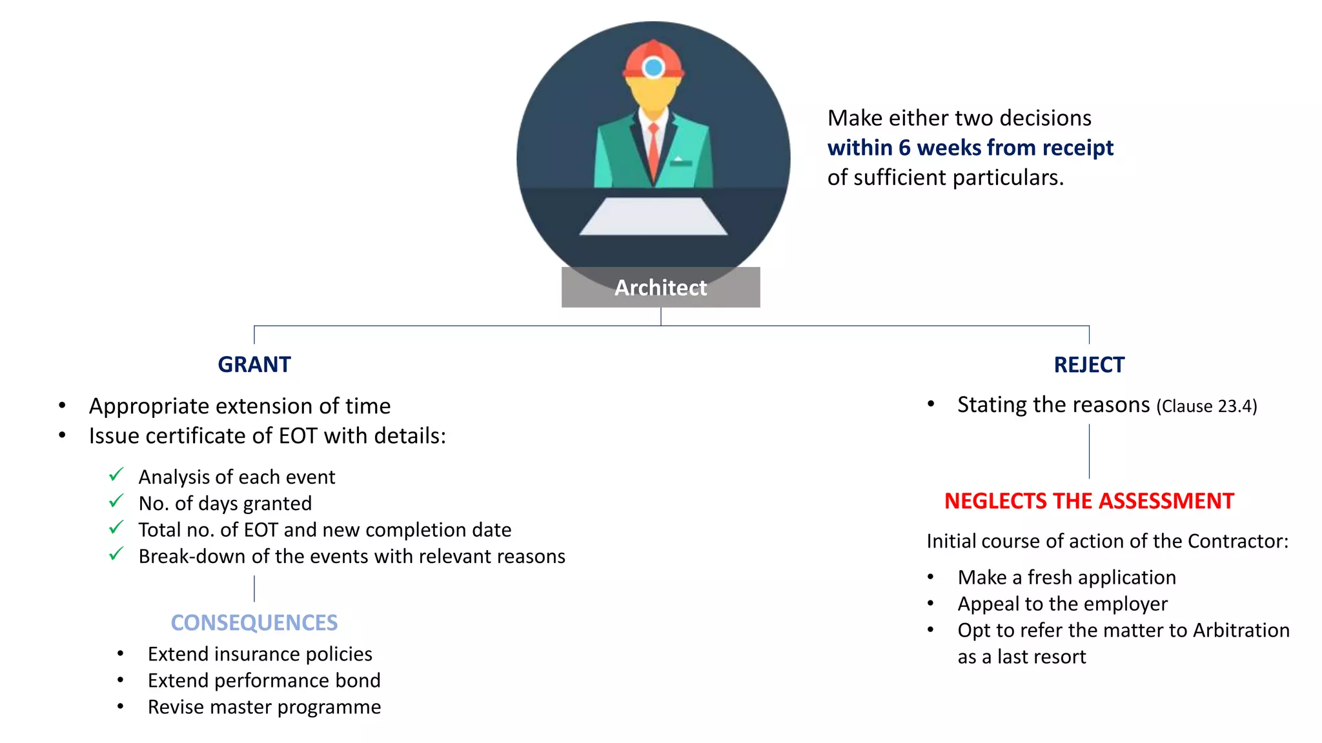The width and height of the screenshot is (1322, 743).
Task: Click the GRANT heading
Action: pos(254,364)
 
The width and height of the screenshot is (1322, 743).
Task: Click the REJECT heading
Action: pos(1089,364)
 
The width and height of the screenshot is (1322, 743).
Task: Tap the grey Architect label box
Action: pos(660,288)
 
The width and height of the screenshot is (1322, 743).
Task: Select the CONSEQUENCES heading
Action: pos(254,622)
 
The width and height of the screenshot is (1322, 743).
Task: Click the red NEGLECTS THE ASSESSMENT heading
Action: pos(1089,501)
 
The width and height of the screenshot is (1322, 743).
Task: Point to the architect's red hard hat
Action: pos(653,58)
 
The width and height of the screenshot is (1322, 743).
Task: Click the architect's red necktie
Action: pos(654,152)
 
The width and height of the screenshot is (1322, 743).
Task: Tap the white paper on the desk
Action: pos(653,217)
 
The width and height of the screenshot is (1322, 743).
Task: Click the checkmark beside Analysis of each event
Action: pos(116,475)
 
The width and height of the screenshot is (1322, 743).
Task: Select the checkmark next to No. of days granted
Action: pos(116,501)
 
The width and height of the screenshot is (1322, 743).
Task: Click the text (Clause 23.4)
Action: pos(1206,406)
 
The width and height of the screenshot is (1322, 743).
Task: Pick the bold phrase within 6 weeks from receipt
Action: pos(970,148)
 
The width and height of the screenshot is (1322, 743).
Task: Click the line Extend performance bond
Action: pos(264,680)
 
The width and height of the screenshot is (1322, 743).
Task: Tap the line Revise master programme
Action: pos(264,707)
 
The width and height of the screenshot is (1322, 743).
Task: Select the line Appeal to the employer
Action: pos(1063,604)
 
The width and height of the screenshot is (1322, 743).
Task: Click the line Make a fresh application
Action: pos(1066,577)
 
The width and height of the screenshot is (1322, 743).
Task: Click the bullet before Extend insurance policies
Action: pos(121,654)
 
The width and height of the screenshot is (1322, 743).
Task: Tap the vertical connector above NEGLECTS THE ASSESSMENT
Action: pos(1089,451)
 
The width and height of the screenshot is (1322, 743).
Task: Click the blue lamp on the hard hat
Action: pos(654,67)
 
